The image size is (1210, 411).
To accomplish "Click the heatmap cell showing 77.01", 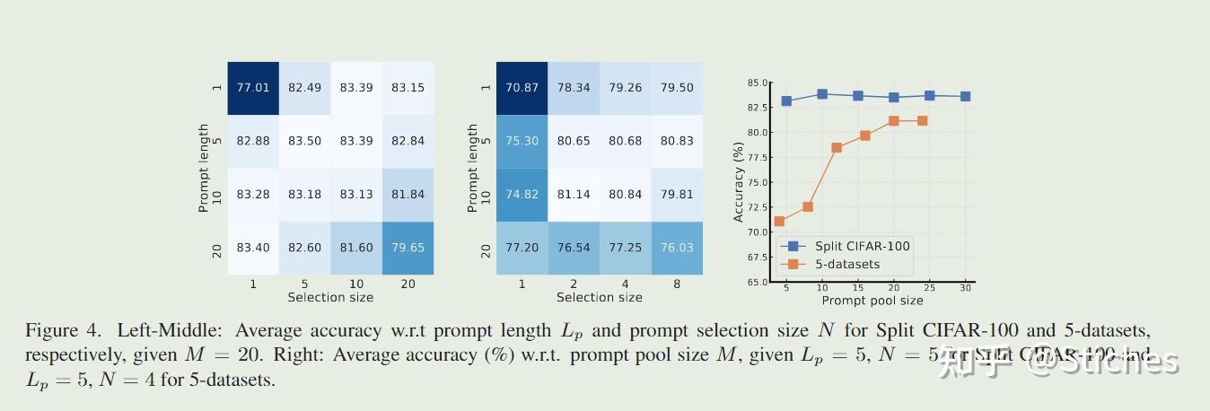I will (x=253, y=88).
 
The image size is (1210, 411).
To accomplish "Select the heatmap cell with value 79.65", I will (x=408, y=248).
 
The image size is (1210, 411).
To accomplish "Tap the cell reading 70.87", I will (x=522, y=88).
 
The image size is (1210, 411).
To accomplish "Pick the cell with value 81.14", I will (x=574, y=195).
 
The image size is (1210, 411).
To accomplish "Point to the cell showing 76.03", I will (x=676, y=248).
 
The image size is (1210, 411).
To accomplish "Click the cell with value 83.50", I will (x=304, y=141).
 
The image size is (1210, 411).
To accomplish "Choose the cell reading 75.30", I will (x=522, y=141).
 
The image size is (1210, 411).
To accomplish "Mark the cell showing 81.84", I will (x=408, y=195).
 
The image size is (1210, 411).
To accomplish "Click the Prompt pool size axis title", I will (x=872, y=301).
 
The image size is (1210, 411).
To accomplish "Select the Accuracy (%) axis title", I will (x=739, y=182).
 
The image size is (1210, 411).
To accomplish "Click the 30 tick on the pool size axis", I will (x=965, y=288).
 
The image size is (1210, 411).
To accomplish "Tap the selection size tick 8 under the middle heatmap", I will (x=676, y=284).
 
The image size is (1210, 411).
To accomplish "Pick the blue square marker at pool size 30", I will (x=965, y=96).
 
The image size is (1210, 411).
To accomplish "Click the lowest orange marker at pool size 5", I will (x=779, y=222).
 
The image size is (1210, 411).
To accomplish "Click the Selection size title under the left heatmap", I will (x=330, y=297).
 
